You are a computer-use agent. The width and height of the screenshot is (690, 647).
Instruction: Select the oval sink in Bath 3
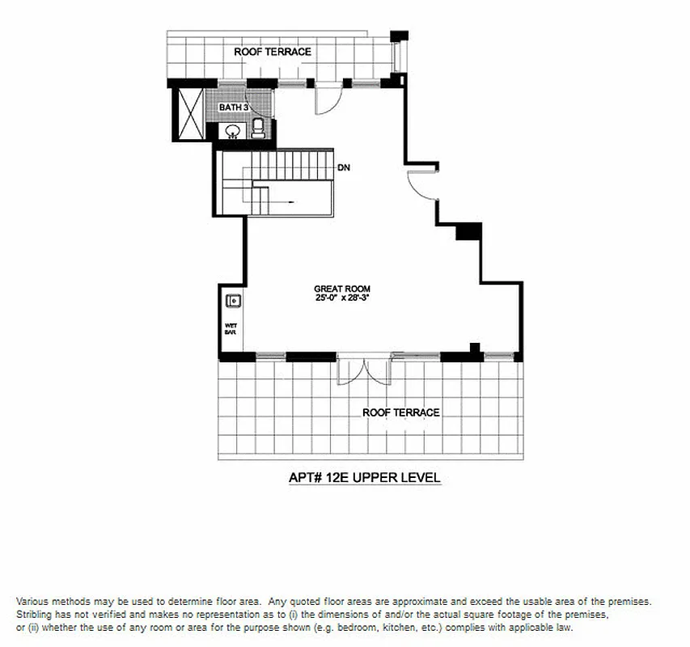(x=233, y=131)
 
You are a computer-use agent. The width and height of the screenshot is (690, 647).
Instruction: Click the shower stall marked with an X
(x=189, y=115)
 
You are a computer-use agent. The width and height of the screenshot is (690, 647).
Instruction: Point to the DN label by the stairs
(x=343, y=168)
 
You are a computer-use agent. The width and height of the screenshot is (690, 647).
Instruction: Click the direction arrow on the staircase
(x=275, y=201)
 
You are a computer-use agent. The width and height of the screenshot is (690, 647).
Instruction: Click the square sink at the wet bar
(x=234, y=302)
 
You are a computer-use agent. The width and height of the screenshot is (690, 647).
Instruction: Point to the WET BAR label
(x=230, y=329)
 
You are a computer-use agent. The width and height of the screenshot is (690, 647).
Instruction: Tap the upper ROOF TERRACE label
(x=273, y=52)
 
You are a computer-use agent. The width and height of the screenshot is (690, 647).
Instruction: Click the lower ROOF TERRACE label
(x=400, y=412)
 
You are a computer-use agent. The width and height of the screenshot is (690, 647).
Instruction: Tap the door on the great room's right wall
(x=422, y=184)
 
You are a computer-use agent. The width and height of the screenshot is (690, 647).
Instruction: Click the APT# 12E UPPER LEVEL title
(x=364, y=478)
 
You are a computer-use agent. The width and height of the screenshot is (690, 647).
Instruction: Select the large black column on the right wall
(x=468, y=232)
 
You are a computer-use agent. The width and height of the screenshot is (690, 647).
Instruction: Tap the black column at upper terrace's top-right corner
(x=396, y=36)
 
